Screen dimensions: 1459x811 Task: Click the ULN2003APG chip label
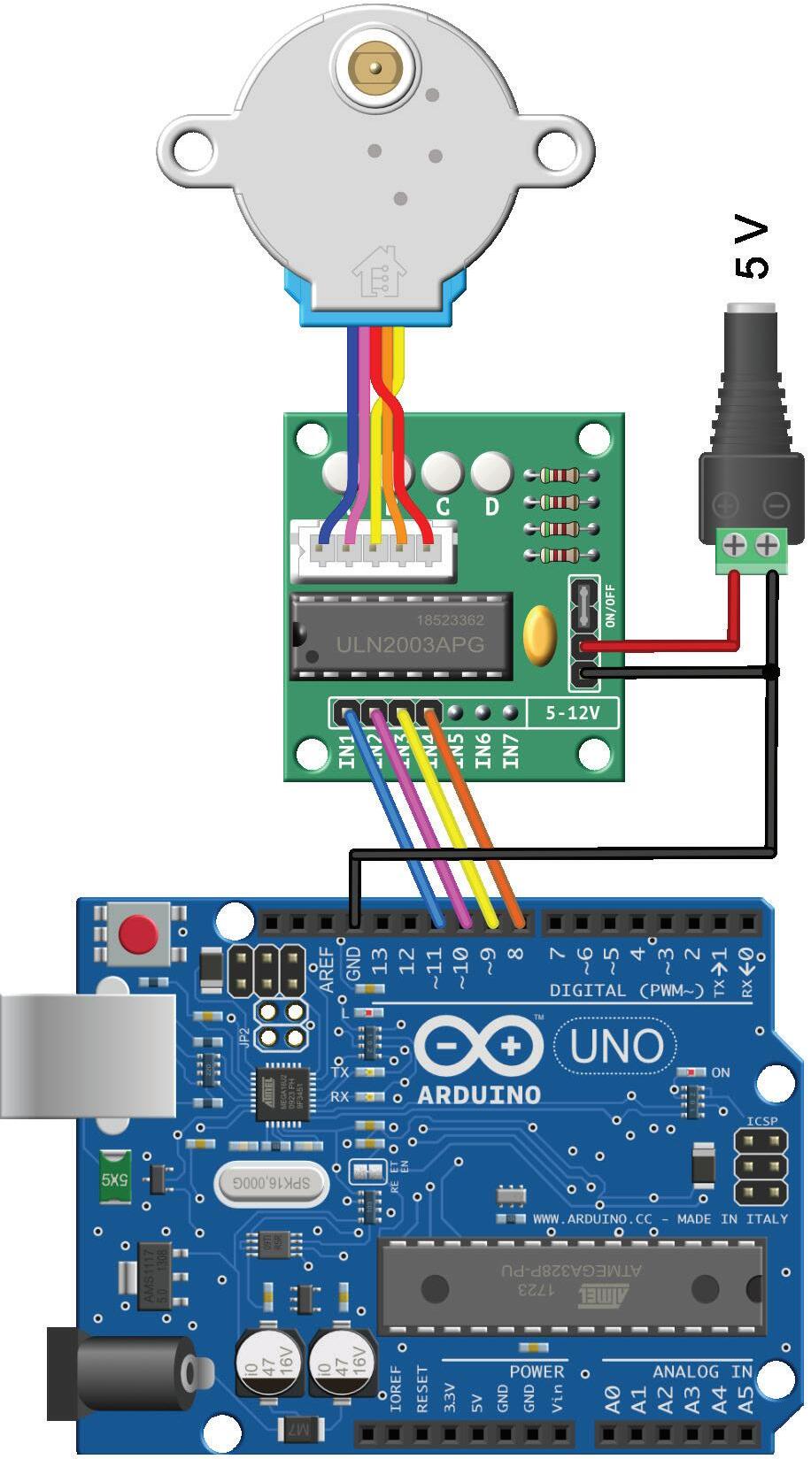point(410,645)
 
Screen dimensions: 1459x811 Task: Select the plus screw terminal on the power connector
point(733,546)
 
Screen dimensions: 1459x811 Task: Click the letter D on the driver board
point(491,507)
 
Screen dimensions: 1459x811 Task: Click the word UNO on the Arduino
point(616,1046)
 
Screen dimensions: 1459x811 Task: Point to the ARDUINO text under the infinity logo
point(478,1094)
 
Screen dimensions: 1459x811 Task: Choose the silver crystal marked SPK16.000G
point(271,1182)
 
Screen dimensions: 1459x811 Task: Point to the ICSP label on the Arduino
point(761,1121)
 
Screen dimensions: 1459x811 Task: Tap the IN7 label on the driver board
point(511,751)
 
